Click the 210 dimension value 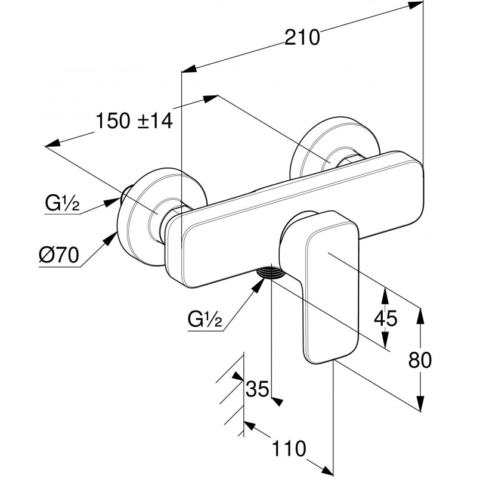302,37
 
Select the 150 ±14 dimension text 134,121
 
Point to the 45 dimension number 385,318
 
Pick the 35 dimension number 258,389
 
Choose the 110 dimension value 290,448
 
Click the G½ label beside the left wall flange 62,205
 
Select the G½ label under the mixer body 205,321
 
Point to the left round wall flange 143,221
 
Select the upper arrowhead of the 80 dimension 422,315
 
